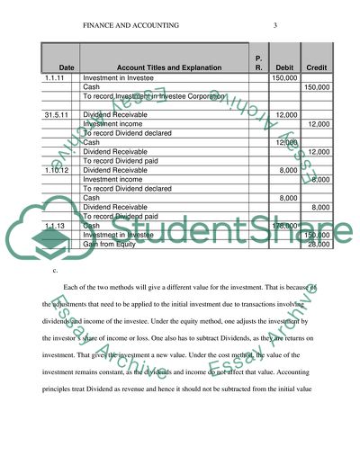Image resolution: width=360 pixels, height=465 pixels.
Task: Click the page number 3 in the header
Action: (x=274, y=23)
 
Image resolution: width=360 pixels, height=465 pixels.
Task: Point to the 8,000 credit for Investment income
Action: (x=319, y=178)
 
